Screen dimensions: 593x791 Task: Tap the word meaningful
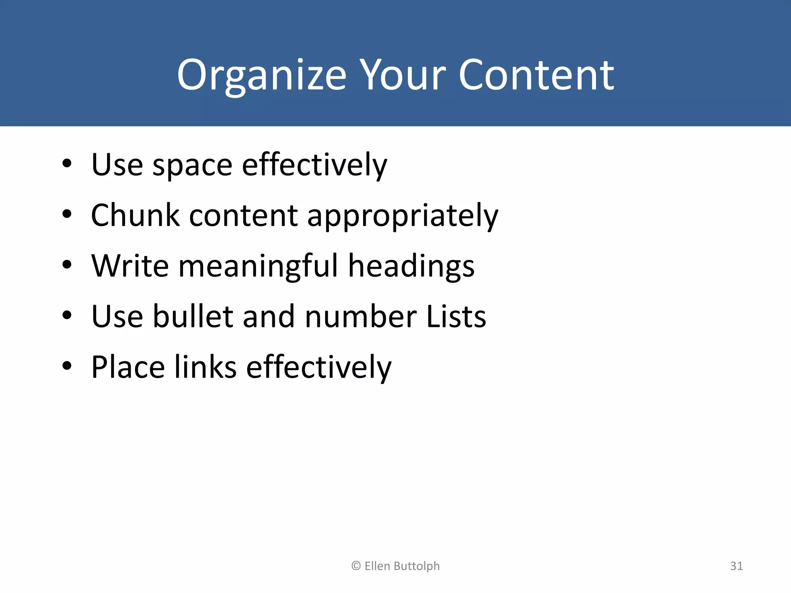258,266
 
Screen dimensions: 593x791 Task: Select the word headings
411,266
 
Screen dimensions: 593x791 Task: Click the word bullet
193,317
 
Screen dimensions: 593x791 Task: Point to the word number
361,317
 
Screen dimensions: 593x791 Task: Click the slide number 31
736,566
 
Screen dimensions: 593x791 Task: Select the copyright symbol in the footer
356,566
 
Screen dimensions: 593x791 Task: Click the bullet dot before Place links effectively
67,366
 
